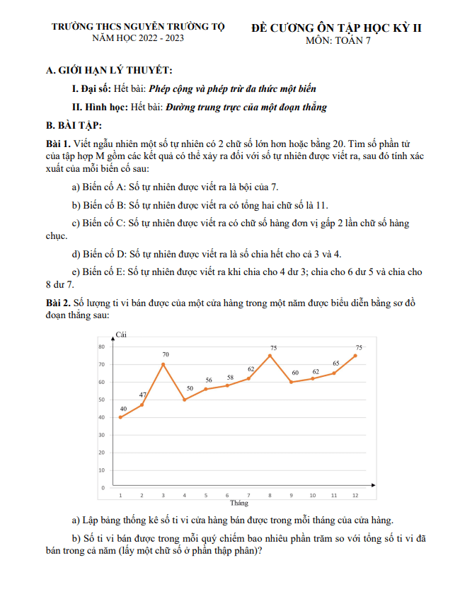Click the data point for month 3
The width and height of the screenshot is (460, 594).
(163, 364)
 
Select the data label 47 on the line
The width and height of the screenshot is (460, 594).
(143, 395)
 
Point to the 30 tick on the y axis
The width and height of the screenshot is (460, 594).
(102, 435)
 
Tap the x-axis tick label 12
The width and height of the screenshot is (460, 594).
(355, 496)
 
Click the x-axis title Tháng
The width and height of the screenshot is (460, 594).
(239, 503)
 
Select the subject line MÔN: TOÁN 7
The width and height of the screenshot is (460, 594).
(338, 40)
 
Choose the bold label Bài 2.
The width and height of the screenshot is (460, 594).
(58, 303)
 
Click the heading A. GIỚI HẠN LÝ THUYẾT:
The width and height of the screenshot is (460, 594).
(108, 71)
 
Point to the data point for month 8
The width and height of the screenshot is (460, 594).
(270, 356)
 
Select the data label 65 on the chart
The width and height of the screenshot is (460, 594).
(336, 363)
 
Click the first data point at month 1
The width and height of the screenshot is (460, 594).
(121, 417)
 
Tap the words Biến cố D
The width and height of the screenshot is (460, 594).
(105, 253)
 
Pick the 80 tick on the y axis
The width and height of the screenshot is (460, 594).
(102, 346)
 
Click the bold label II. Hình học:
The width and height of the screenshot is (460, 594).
(100, 107)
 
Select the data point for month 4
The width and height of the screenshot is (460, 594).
(185, 400)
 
